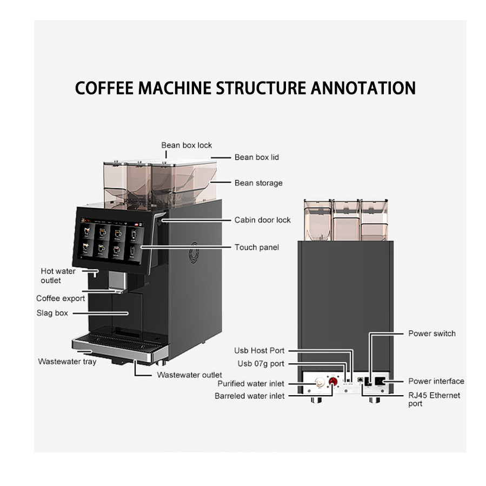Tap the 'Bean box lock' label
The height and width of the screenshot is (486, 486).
[x=187, y=145]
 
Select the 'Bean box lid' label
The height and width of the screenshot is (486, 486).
[x=256, y=157]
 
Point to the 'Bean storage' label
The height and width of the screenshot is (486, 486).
[x=258, y=183]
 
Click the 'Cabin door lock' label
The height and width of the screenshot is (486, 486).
[x=262, y=220]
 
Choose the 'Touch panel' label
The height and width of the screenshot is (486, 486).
[x=256, y=247]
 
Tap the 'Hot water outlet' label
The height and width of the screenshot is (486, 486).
[x=58, y=276]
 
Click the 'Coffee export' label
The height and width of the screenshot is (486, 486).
[x=61, y=298]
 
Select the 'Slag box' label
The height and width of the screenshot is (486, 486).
[x=52, y=312]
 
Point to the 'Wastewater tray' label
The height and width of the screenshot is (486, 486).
[x=67, y=361]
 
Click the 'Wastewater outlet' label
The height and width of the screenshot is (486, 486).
[x=189, y=375]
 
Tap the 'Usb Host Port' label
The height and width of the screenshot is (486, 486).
[x=259, y=351]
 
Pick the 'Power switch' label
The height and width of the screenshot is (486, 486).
[x=431, y=334]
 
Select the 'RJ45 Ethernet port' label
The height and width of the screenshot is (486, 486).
[x=434, y=399]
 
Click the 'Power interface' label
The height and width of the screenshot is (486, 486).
[x=436, y=381]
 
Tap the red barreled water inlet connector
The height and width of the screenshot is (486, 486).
[x=333, y=382]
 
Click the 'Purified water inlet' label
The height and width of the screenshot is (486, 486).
[x=251, y=384]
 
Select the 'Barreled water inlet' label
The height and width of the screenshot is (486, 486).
[x=250, y=396]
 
